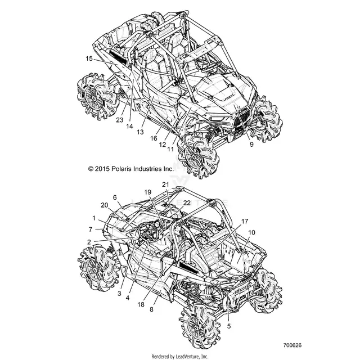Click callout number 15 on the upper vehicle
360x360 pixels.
(x=89, y=58)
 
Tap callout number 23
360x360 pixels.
(x=120, y=120)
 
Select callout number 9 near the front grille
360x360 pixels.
(x=251, y=144)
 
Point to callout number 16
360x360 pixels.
(x=154, y=138)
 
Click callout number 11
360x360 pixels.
(x=170, y=149)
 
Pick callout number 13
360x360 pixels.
(x=140, y=132)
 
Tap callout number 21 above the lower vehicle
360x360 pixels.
(x=165, y=184)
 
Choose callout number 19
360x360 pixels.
(x=147, y=192)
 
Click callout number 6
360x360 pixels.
(x=115, y=197)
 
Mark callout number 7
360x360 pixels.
(x=91, y=229)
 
